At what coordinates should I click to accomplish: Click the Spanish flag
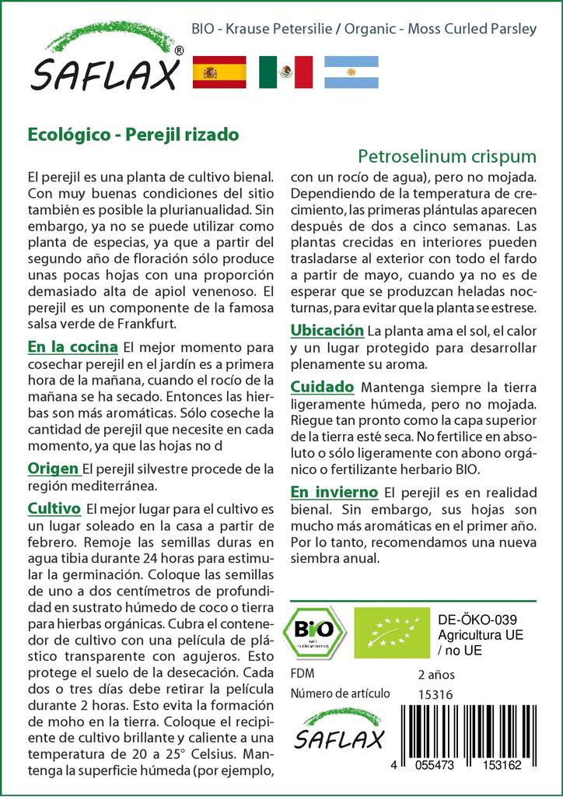(x=219, y=72)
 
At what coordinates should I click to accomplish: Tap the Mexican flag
(x=285, y=72)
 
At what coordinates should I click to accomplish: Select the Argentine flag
(x=351, y=72)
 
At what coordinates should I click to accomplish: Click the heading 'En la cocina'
(x=72, y=347)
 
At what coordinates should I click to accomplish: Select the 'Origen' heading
(x=53, y=469)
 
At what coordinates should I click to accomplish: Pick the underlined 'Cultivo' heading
(x=54, y=509)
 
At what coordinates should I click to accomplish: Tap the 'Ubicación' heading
(x=327, y=331)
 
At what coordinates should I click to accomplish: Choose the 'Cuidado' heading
(x=323, y=387)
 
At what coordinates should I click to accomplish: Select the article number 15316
(x=435, y=693)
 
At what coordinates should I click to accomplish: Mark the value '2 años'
(x=436, y=674)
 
